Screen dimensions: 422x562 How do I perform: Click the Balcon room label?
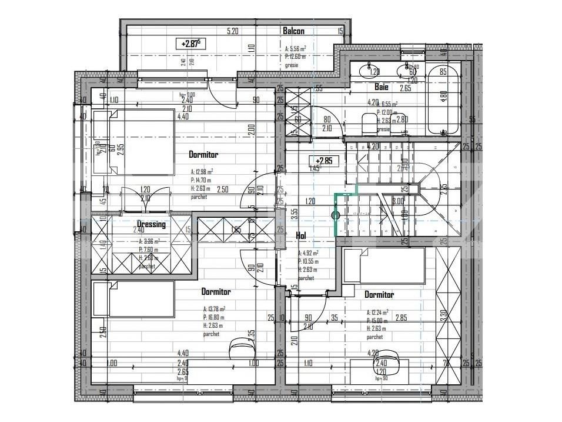point(293,31)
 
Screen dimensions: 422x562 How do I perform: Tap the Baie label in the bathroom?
point(382,87)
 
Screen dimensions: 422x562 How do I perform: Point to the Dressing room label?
point(151,224)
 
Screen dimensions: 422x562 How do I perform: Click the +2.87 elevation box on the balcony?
point(191,44)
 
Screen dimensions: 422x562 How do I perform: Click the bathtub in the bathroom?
point(443,100)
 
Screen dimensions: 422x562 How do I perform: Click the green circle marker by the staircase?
point(336,215)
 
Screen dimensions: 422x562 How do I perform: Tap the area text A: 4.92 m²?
point(308,253)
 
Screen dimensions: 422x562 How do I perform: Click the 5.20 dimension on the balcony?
point(232,31)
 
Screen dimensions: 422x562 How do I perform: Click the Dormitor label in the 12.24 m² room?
point(379,294)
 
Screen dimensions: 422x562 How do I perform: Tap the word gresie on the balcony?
point(292,65)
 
